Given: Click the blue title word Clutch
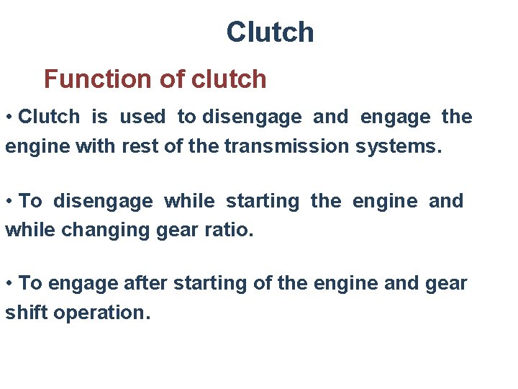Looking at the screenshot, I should (270, 32).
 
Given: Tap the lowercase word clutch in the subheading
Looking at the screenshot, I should (229, 79).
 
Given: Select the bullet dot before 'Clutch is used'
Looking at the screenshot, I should (9, 117).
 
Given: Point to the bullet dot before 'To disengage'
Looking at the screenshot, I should (9, 202).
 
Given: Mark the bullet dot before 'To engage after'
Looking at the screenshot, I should (9, 284).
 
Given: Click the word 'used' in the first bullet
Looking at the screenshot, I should (142, 117).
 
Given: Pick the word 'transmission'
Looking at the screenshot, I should (287, 146).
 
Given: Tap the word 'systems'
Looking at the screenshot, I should (396, 146).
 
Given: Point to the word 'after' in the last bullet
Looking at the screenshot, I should (145, 283).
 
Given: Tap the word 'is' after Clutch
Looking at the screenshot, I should (99, 117).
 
